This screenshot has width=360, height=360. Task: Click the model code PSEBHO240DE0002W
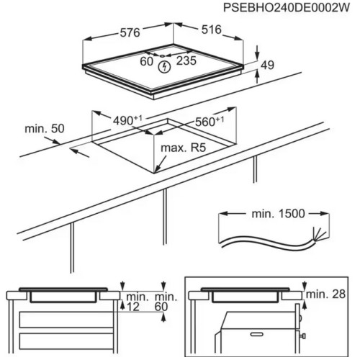pyautogui.click(x=287, y=8)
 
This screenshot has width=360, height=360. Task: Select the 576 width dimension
pyautogui.click(x=130, y=32)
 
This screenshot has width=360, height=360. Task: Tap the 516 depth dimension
pyautogui.click(x=211, y=30)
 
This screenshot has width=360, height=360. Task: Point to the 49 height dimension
pyautogui.click(x=267, y=65)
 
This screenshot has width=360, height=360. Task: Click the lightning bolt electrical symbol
pyautogui.click(x=165, y=67)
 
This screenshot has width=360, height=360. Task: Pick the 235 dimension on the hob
pyautogui.click(x=186, y=60)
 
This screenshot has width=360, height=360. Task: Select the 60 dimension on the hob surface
pyautogui.click(x=146, y=61)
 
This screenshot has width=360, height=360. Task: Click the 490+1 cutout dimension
pyautogui.click(x=127, y=120)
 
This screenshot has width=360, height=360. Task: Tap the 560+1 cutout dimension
pyautogui.click(x=210, y=122)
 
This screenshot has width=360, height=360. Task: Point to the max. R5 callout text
pyautogui.click(x=183, y=148)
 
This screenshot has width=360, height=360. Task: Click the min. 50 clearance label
pyautogui.click(x=45, y=129)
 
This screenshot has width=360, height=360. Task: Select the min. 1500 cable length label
pyautogui.click(x=278, y=213)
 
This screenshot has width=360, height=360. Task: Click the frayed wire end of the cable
pyautogui.click(x=319, y=233)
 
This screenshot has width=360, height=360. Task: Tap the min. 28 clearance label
pyautogui.click(x=325, y=294)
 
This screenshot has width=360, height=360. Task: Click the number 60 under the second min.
pyautogui.click(x=161, y=307)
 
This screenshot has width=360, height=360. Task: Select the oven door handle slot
pyautogui.click(x=256, y=334)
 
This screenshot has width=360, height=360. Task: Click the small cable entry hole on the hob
pyautogui.click(x=162, y=56)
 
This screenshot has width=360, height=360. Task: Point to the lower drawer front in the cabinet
pyautogui.click(x=66, y=341)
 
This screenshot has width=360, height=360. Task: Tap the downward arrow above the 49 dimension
pyautogui.click(x=257, y=52)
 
